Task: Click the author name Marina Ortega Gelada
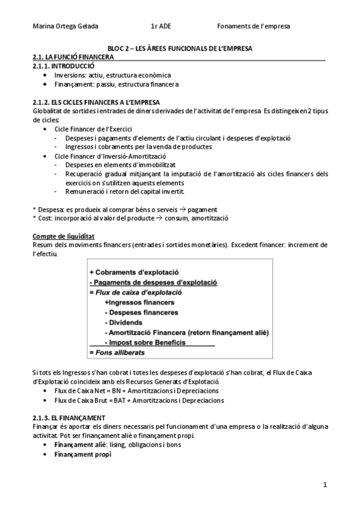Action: click(65, 26)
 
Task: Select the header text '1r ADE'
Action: click(160, 26)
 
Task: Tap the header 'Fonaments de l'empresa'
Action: click(253, 26)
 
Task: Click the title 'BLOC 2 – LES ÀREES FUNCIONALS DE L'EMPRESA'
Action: click(180, 48)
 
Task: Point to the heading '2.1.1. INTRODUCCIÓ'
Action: click(63, 65)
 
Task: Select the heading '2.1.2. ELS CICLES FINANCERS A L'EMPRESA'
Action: click(96, 102)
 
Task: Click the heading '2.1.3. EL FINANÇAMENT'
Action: click(69, 417)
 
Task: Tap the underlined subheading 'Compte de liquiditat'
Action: click(63, 236)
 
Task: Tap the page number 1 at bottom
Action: click(325, 484)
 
